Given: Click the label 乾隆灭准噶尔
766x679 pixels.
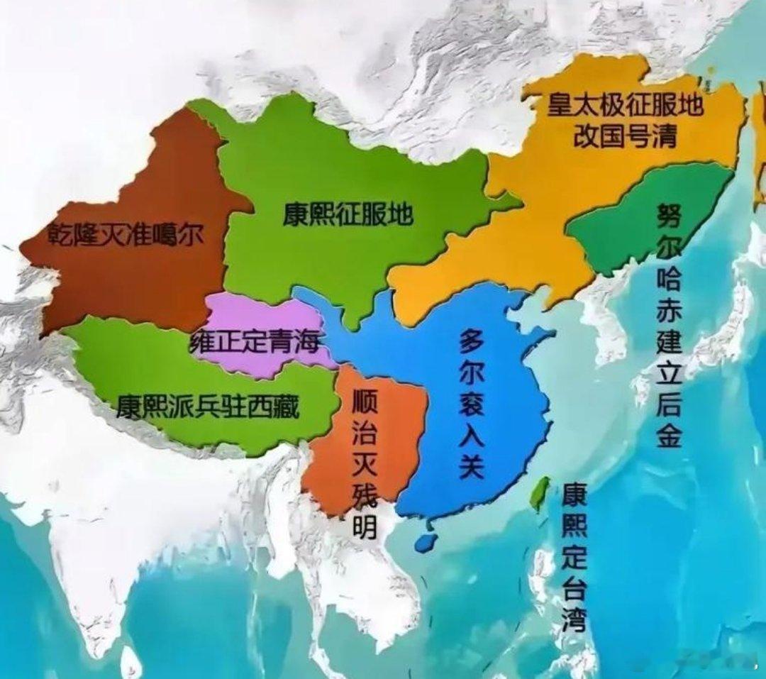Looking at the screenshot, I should (x=125, y=233).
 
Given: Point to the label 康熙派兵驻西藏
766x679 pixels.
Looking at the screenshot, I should (x=208, y=407).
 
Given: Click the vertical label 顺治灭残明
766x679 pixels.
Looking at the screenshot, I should (x=364, y=463).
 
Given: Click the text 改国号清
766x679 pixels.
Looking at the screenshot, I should (x=625, y=136).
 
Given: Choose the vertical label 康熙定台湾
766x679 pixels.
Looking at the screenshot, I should (x=574, y=557).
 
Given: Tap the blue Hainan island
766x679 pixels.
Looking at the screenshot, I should (x=425, y=541).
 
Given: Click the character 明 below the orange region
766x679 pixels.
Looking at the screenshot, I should (x=364, y=529).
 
